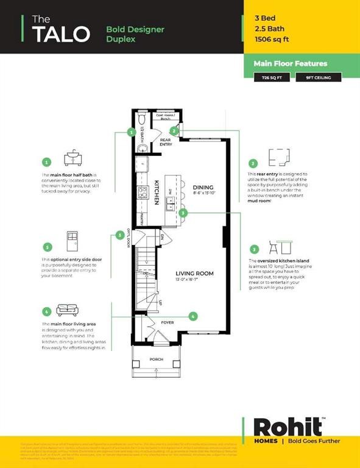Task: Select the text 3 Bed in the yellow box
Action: (x=266, y=18)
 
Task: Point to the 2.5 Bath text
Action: (x=269, y=29)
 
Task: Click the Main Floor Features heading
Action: (x=291, y=63)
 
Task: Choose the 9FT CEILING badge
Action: (x=319, y=77)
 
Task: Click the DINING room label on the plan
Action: (x=202, y=188)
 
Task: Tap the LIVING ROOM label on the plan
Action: (x=194, y=274)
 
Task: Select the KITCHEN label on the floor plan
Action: (x=157, y=191)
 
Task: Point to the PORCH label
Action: (x=157, y=360)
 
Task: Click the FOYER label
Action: (x=168, y=322)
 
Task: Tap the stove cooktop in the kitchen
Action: (x=142, y=193)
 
